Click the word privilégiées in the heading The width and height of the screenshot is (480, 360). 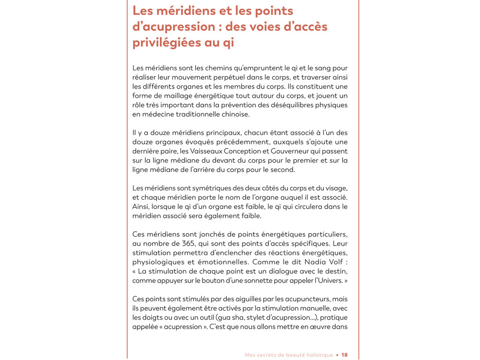pos(166,43)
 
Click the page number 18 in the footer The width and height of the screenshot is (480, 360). pos(345,355)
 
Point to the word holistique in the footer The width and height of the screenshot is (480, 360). pos(316,355)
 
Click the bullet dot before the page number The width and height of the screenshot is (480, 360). pos(337,355)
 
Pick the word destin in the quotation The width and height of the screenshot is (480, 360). pos(337,271)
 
